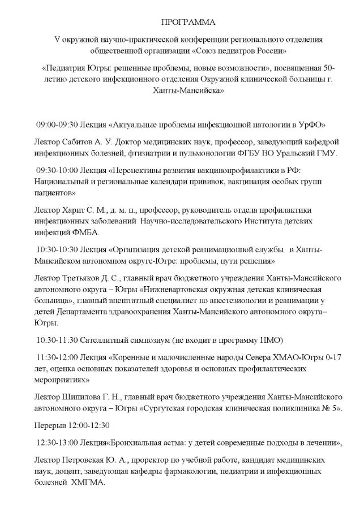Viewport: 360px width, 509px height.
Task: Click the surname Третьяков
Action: pyautogui.click(x=74, y=279)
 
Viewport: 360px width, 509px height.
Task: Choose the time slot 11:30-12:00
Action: pyautogui.click(x=56, y=358)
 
